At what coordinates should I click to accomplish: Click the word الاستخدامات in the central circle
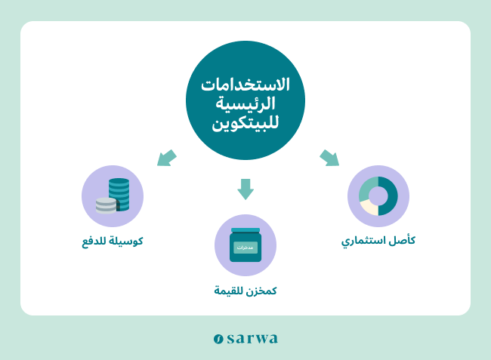(246, 85)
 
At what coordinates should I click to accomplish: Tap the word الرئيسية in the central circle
(246, 103)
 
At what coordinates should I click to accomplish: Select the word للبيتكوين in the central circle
(246, 122)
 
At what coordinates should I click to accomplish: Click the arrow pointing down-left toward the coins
(167, 158)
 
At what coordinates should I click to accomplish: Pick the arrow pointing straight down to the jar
(246, 189)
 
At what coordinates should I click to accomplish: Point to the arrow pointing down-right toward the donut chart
(329, 158)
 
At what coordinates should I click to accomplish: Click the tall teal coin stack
(119, 194)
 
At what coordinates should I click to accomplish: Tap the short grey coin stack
(107, 205)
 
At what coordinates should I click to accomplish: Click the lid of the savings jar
(246, 230)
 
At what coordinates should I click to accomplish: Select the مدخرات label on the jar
(246, 248)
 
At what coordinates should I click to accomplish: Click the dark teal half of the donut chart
(388, 196)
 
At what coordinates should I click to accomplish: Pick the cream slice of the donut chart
(369, 208)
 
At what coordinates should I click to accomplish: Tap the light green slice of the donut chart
(368, 188)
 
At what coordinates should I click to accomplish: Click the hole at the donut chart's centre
(378, 196)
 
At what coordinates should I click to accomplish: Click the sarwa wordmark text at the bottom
(252, 338)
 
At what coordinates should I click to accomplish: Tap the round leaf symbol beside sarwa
(218, 339)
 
